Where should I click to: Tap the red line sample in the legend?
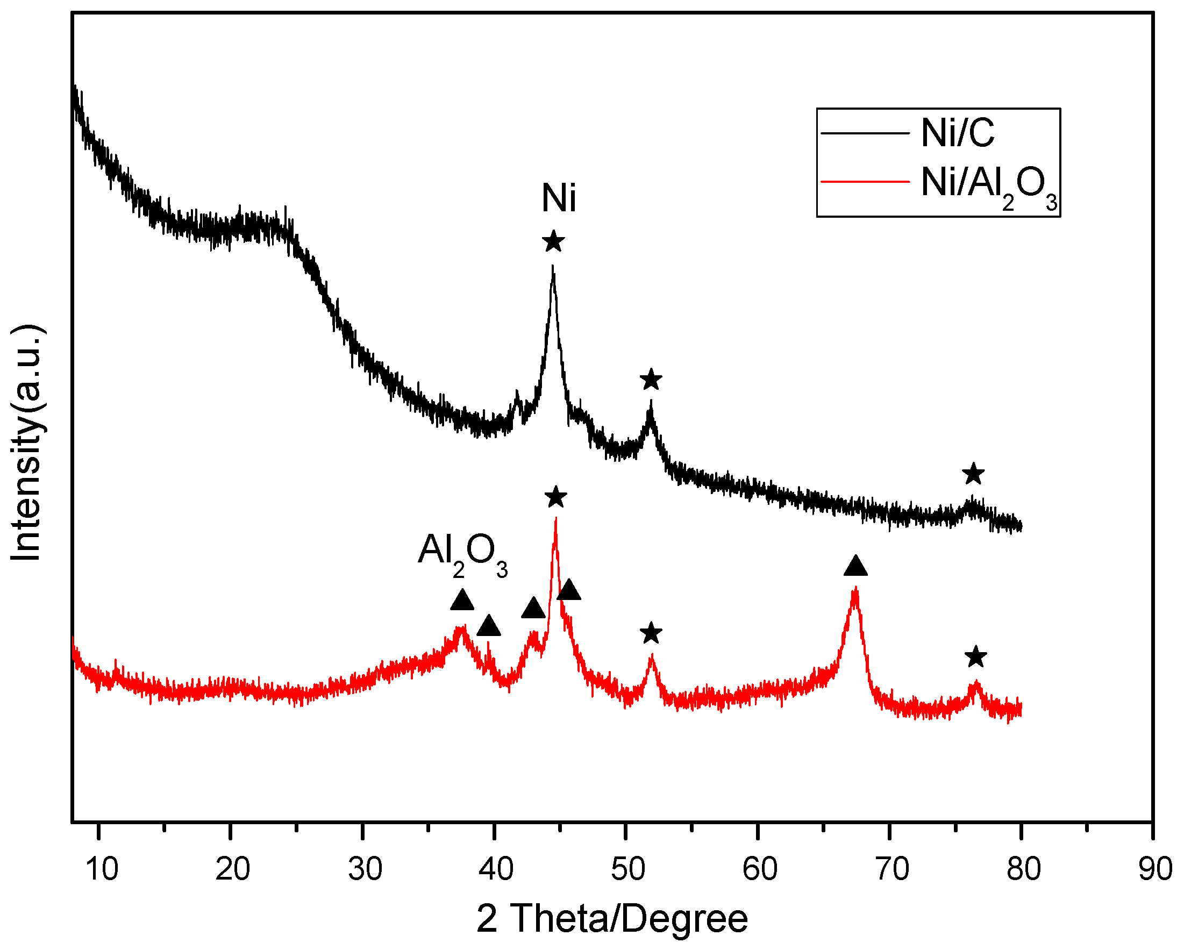coord(865,181)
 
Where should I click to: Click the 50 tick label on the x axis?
coord(627,869)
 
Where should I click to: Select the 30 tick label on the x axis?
coord(365,869)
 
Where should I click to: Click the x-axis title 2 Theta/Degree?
coord(612,919)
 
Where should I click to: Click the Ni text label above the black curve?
coord(559,198)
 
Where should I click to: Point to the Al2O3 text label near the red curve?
coord(462,552)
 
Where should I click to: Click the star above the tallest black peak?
coord(553,241)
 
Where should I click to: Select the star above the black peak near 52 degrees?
coord(651,380)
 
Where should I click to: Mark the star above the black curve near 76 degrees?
coord(973,474)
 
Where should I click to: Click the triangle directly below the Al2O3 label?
coord(462,601)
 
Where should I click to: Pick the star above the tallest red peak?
coord(556,497)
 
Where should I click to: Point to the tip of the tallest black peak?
coord(552,266)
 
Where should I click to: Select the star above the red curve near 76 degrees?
coord(975,657)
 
